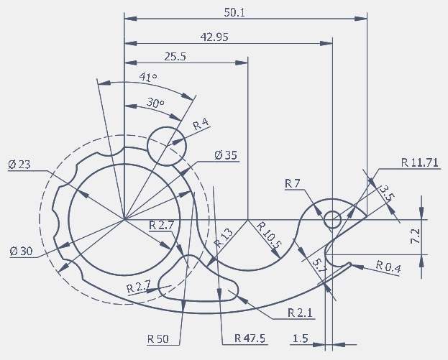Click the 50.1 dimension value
[x=234, y=13]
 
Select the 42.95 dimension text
[x=214, y=37]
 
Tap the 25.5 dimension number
[x=175, y=57]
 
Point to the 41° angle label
[x=148, y=77]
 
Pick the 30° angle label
[x=155, y=103]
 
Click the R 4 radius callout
[x=201, y=124]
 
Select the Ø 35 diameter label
[x=226, y=155]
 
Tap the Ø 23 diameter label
[x=19, y=165]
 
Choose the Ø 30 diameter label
[x=21, y=251]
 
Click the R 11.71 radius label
[x=420, y=162]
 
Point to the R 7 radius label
[x=292, y=183]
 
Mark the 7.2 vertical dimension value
[x=415, y=236]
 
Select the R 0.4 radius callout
[x=388, y=267]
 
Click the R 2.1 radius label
[x=300, y=313]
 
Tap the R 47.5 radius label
[x=250, y=338]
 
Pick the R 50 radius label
[x=158, y=339]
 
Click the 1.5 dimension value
[x=301, y=338]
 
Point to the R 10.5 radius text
[x=269, y=235]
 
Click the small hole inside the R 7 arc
[x=332, y=220]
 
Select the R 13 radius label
[x=224, y=238]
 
